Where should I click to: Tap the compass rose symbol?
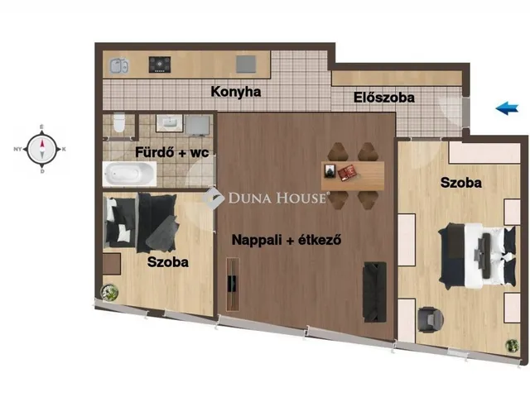tap(41, 150)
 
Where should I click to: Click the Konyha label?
tap(236, 92)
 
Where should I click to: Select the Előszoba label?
tap(384, 98)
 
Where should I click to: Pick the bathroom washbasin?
tap(169, 123)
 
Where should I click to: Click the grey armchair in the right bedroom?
tap(428, 318)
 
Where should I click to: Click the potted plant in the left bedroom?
tap(108, 292)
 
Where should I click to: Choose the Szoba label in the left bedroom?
tap(168, 262)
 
